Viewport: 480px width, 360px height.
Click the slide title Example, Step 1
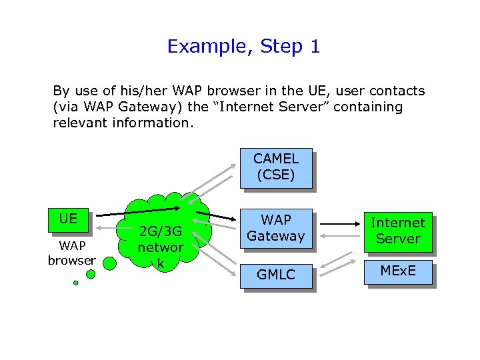(x=243, y=47)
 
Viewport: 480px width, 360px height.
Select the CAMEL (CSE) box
(x=275, y=167)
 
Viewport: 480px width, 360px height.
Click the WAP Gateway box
(x=275, y=228)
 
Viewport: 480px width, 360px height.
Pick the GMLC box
(x=275, y=274)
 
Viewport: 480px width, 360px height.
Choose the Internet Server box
(x=397, y=231)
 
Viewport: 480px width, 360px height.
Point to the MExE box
(x=397, y=271)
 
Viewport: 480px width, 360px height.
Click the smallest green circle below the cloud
(x=75, y=283)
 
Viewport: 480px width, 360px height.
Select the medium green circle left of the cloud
(x=111, y=263)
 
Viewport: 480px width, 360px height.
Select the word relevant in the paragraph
(x=80, y=123)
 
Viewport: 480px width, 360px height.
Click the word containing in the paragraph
(x=369, y=107)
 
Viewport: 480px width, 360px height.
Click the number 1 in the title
(x=315, y=47)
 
